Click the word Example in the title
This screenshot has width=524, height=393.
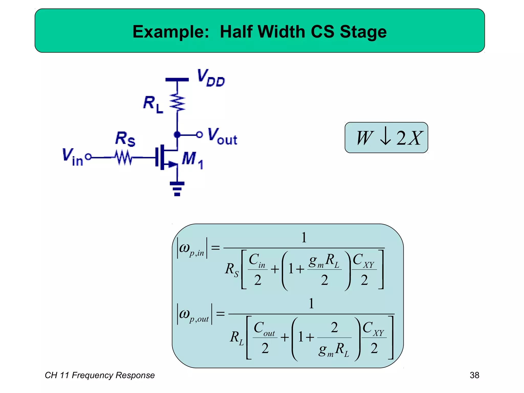tap(171, 32)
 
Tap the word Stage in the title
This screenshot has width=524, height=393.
tap(363, 32)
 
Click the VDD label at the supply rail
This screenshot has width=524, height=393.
tap(211, 78)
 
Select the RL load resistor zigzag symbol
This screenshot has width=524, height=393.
tap(177, 103)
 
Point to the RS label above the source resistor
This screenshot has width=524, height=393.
tap(125, 139)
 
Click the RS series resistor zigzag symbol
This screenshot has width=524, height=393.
tap(124, 157)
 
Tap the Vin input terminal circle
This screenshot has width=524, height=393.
tap(88, 157)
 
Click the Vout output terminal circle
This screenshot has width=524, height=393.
tap(199, 135)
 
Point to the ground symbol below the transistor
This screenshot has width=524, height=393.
tap(177, 189)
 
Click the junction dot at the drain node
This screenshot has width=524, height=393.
tap(177, 135)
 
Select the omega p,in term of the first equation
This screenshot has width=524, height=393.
tap(192, 248)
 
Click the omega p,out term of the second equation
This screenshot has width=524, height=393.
tap(194, 314)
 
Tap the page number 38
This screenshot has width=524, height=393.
tap(474, 375)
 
